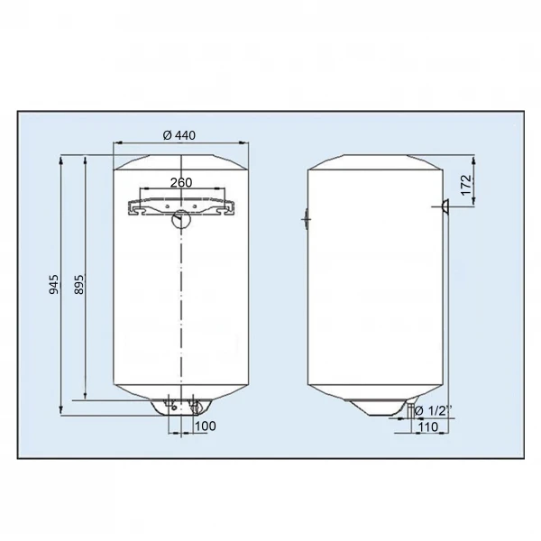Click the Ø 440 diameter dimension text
pyautogui.click(x=180, y=135)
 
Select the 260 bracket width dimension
pyautogui.click(x=181, y=183)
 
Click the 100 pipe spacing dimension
pyautogui.click(x=205, y=425)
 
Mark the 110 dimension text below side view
pyautogui.click(x=428, y=426)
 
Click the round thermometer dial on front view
pyautogui.click(x=182, y=217)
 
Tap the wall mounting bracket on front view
pyautogui.click(x=181, y=206)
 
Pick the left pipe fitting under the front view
pyautogui.click(x=170, y=407)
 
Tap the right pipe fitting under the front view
pyautogui.click(x=193, y=407)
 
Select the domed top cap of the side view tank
pyautogui.click(x=374, y=160)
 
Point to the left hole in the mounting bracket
pyautogui.click(x=138, y=208)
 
